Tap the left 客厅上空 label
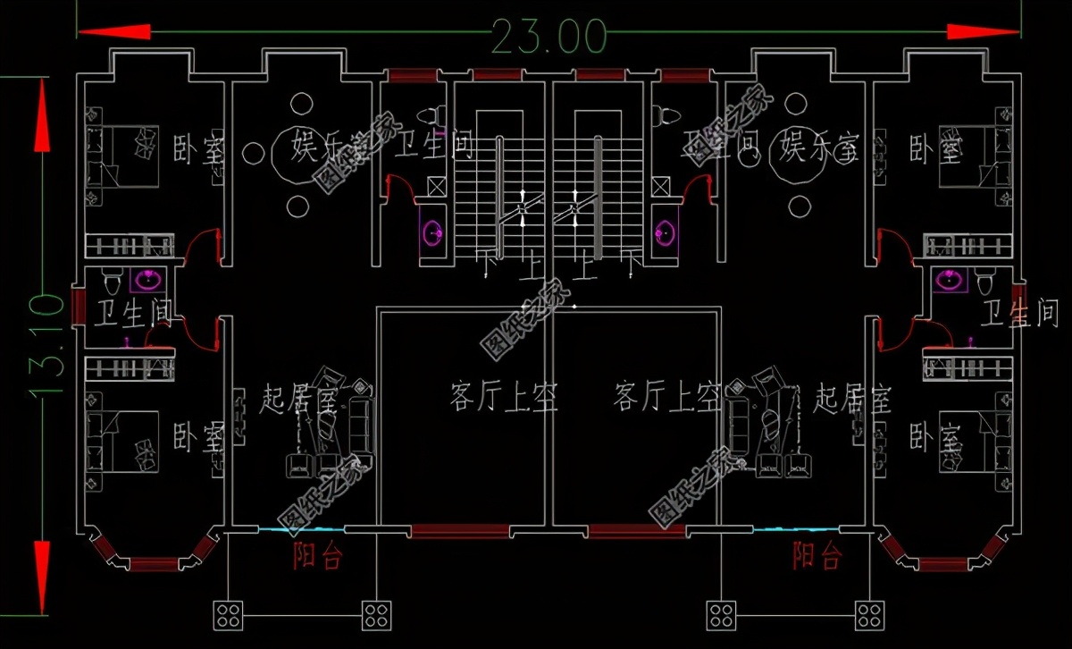505,396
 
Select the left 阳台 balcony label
318,556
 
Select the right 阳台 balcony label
817,556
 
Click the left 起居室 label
297,399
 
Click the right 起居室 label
852,399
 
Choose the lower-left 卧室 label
199,436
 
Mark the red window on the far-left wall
79,304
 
